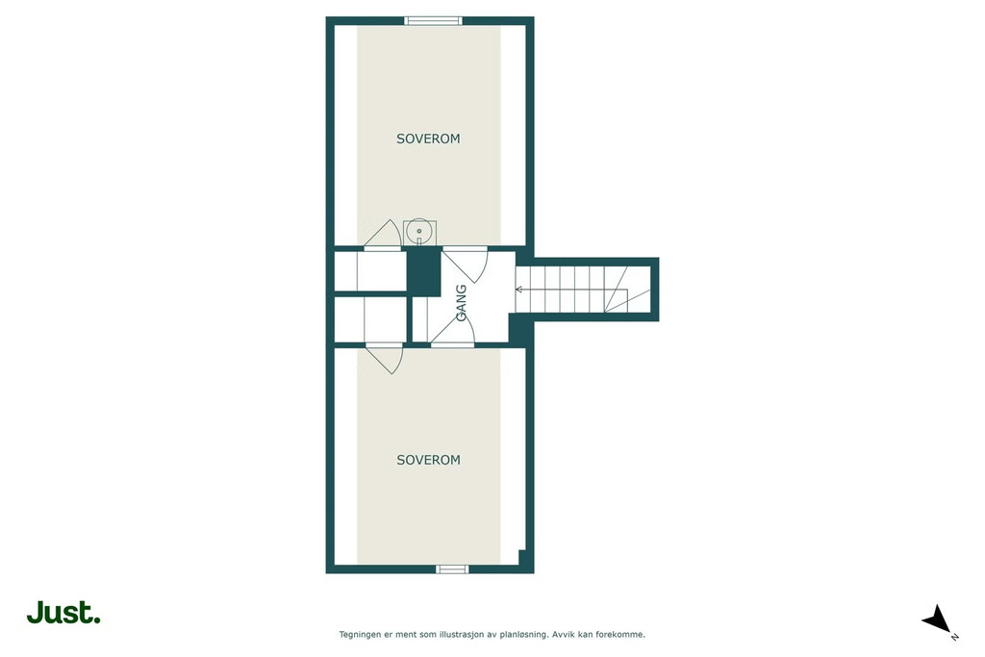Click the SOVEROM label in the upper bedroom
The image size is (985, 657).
click(x=428, y=139)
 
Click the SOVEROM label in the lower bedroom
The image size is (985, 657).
click(x=428, y=460)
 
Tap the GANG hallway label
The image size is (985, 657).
click(x=461, y=303)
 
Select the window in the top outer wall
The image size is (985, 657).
click(x=433, y=21)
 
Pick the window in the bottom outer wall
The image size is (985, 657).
click(x=452, y=569)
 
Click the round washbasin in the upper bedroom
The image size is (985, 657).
click(x=419, y=231)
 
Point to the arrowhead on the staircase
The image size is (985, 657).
click(x=518, y=290)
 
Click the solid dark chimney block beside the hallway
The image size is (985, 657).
click(x=423, y=271)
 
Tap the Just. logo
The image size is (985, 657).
click(x=63, y=613)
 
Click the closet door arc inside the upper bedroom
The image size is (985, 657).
click(x=383, y=235)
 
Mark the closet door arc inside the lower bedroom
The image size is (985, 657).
click(x=384, y=358)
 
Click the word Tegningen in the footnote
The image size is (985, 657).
click(x=360, y=635)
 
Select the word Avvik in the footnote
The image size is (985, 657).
click(x=563, y=634)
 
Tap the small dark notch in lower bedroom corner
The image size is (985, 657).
click(x=521, y=557)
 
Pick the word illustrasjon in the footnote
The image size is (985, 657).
click(x=464, y=634)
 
